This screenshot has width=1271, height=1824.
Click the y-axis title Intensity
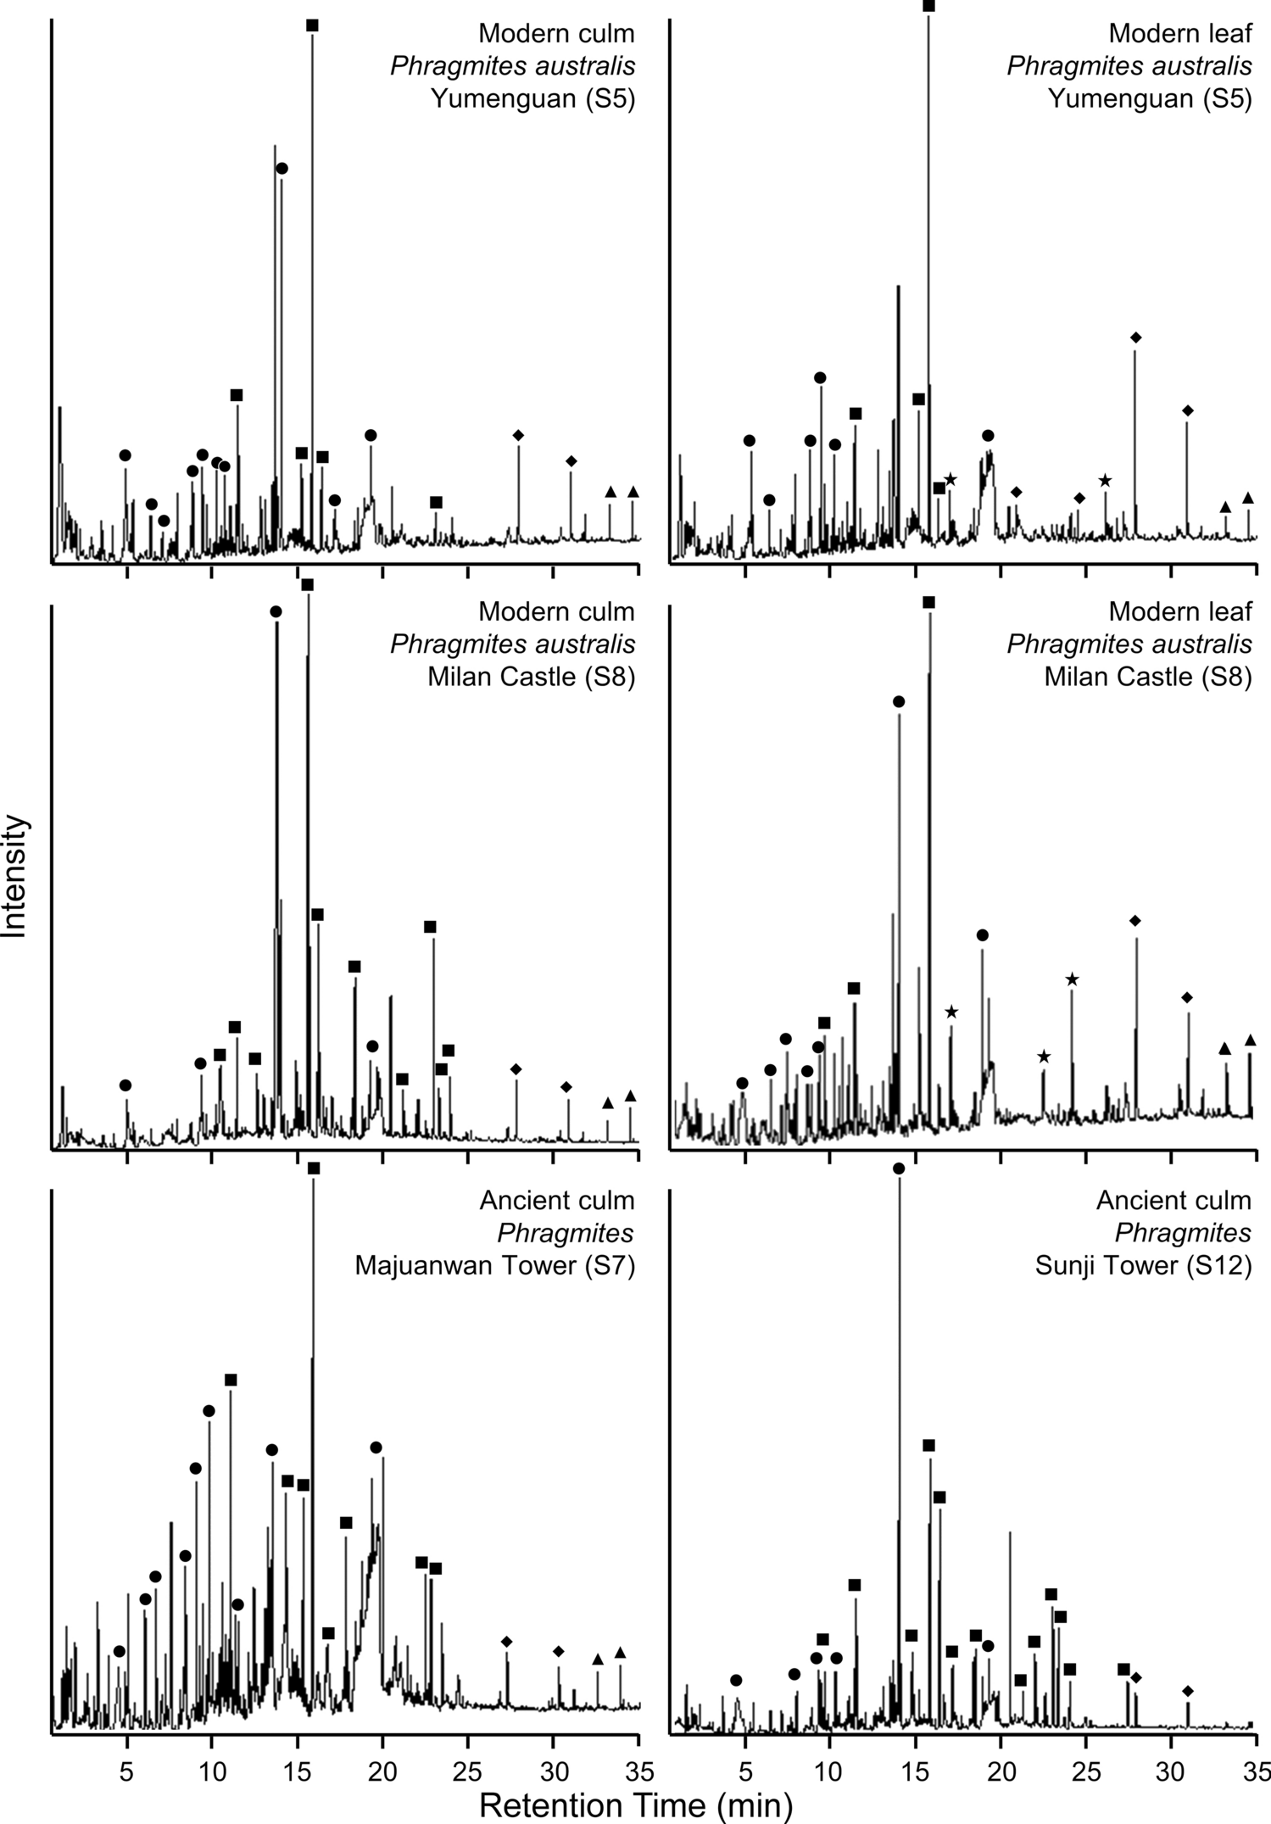[x=15, y=875]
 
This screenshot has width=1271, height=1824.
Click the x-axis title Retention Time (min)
[x=635, y=1805]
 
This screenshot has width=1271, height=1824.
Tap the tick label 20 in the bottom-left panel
[x=382, y=1771]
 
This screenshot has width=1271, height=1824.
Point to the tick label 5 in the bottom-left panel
[x=126, y=1771]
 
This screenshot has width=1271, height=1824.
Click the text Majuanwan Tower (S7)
[x=494, y=1266]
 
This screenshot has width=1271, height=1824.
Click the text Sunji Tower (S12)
[x=1142, y=1266]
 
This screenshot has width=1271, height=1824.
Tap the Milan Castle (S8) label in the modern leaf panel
[x=1147, y=677]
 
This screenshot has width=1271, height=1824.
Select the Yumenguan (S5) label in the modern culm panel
[x=532, y=98]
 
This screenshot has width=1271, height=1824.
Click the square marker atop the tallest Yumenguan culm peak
[x=312, y=25]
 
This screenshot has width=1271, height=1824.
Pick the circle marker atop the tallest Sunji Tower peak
[x=899, y=1169]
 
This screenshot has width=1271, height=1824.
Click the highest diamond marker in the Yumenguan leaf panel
[x=1135, y=337]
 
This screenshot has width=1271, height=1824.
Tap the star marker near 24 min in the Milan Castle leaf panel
[x=1072, y=979]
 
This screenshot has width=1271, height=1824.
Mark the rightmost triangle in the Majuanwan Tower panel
[x=620, y=1652]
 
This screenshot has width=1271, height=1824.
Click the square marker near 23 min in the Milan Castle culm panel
[x=430, y=927]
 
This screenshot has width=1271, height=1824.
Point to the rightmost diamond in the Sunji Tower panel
[x=1187, y=1691]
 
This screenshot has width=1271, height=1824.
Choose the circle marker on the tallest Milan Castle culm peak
[x=276, y=611]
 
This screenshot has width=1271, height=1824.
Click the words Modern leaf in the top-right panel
[x=1179, y=34]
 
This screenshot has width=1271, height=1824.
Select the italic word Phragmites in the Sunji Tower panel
[x=1182, y=1233]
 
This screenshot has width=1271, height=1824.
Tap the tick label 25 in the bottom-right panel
[x=1086, y=1771]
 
